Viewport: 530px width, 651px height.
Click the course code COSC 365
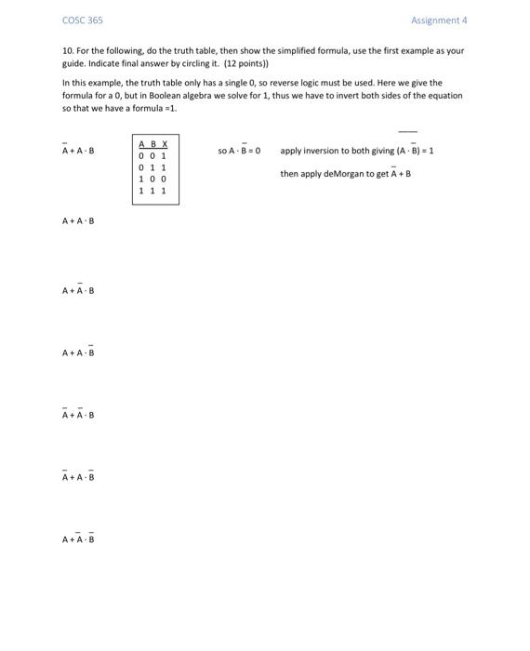click(x=83, y=20)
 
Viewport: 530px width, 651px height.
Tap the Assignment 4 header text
click(x=439, y=20)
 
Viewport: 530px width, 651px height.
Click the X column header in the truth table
click(x=165, y=145)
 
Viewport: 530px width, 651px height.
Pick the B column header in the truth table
click(x=152, y=145)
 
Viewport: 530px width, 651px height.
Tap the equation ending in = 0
click(x=239, y=151)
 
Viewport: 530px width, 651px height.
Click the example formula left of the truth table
click(x=78, y=151)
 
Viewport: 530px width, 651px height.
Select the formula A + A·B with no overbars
click(x=78, y=221)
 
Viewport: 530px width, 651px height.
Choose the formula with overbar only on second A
click(x=78, y=291)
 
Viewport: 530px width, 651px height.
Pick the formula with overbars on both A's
click(x=78, y=415)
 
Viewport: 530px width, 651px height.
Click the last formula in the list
click(x=78, y=539)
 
